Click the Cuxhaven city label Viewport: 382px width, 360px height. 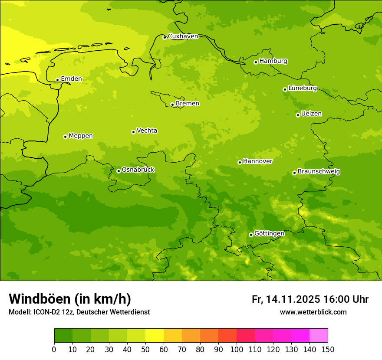tap(183, 36)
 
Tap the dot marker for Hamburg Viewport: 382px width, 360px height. tap(256, 62)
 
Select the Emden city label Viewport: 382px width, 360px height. tap(71, 79)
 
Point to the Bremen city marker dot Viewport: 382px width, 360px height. tap(172, 105)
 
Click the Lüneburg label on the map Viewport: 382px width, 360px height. tap(303, 88)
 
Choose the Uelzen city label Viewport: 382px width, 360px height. tap(311, 114)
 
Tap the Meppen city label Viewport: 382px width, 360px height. tap(81, 136)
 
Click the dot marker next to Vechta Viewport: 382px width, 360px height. tap(133, 132)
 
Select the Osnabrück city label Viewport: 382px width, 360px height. tap(138, 170)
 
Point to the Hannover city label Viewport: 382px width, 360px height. tap(258, 161)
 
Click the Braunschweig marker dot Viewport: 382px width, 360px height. tap(294, 173)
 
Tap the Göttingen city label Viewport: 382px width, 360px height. tap(269, 234)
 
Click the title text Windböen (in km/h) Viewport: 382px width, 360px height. tap(70, 299)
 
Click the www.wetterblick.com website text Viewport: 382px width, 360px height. tap(313, 312)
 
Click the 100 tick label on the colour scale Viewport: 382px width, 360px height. tap(237, 349)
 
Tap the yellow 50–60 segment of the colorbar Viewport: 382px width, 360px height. tap(155, 336)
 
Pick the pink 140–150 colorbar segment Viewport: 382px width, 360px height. tap(319, 336)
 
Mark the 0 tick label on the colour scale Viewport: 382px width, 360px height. tap(54, 349)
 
